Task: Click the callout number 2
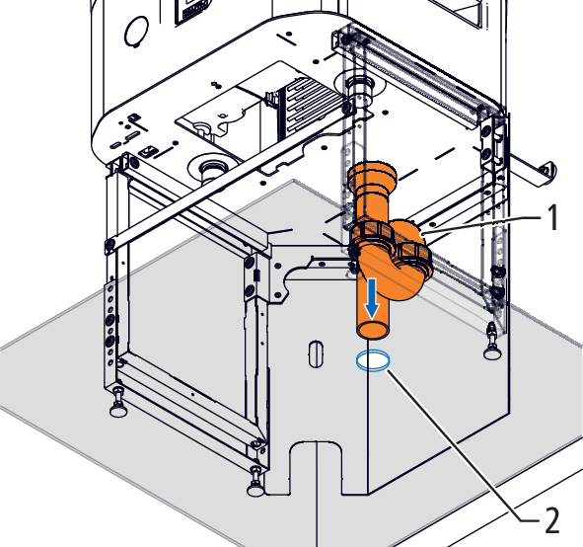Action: pos(551,519)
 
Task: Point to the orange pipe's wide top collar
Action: pos(372,174)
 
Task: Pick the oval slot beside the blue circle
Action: pos(316,353)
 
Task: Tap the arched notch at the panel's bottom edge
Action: pos(316,466)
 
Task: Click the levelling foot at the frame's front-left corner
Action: pos(118,405)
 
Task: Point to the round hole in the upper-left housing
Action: pos(136,32)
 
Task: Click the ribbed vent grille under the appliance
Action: pos(312,105)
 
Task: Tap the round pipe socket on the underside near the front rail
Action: pos(213,168)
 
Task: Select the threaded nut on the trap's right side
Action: pos(415,258)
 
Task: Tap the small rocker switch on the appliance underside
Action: pos(146,151)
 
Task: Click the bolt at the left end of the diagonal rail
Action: pos(109,244)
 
